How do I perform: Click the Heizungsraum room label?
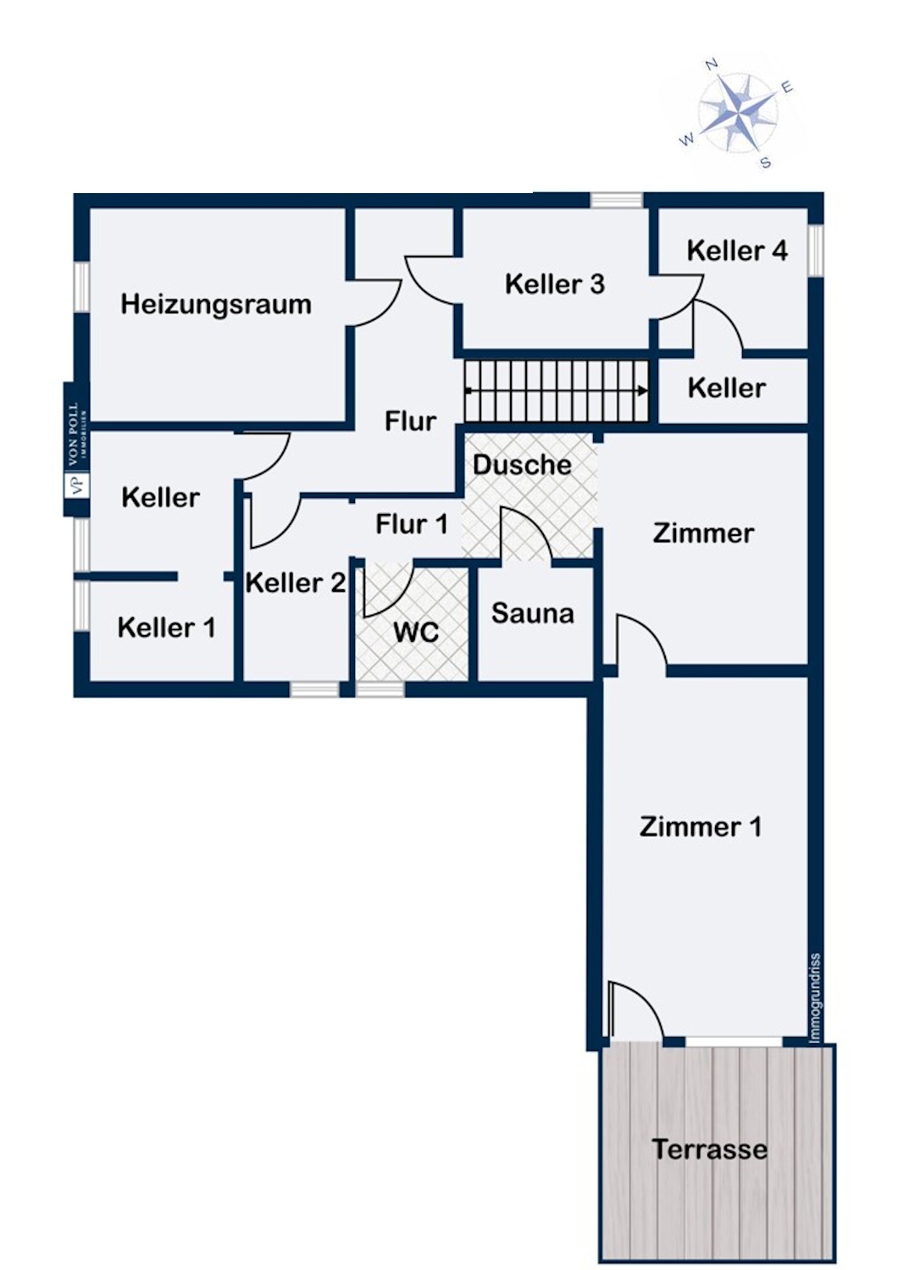coord(215,304)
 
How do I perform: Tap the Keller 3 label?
coord(554,284)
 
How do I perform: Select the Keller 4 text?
coord(736,251)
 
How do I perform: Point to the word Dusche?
coord(522,465)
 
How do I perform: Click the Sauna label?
coord(532,613)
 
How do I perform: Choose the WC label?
coord(415,632)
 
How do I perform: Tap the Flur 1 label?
coord(411,524)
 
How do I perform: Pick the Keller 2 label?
coord(295,583)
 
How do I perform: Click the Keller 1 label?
coord(166,627)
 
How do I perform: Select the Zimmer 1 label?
coord(700,826)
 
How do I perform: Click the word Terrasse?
coord(709,1149)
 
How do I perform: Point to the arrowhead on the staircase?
coord(643,390)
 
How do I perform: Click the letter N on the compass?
coord(712,64)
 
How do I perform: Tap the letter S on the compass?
coord(765,163)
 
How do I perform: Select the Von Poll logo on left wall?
coord(76,449)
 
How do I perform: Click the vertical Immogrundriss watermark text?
coord(815,997)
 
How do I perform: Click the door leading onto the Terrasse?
coord(635,1012)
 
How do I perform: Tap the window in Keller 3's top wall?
coord(616,201)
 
